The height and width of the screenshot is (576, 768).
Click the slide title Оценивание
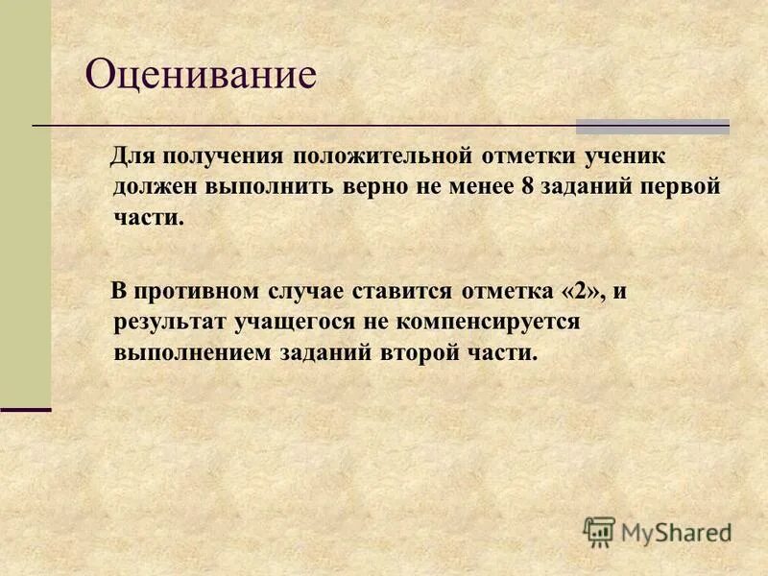tap(201, 75)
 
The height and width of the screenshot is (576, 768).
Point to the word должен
tap(149, 186)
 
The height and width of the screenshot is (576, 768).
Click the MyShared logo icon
tap(599, 532)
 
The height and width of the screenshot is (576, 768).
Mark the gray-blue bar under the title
tap(652, 126)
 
